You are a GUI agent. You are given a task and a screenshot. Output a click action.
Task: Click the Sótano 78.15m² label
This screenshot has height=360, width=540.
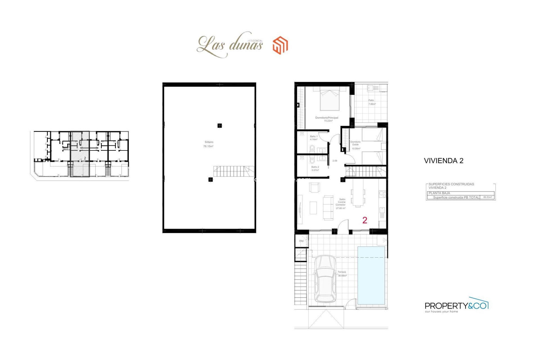(x=208, y=144)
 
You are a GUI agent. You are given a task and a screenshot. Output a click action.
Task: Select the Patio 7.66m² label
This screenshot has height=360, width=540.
(x=372, y=102)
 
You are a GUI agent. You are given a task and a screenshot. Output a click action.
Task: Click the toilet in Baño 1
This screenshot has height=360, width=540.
(x=312, y=148)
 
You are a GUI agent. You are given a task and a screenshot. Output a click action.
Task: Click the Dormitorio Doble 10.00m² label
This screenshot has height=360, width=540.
(x=355, y=145)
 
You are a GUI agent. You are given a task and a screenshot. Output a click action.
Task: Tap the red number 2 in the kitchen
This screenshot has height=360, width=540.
(x=364, y=220)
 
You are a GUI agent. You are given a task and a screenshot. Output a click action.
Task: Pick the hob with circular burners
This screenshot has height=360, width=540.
(x=382, y=193)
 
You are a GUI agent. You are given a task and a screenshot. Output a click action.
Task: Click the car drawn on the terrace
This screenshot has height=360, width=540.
(x=325, y=279)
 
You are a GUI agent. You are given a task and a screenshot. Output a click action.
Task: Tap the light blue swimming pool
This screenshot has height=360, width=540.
(x=371, y=275)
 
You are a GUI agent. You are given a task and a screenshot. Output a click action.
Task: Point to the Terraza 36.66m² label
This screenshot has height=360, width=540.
(x=342, y=274)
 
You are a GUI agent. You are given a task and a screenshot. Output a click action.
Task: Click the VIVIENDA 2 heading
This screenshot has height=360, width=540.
(x=443, y=161)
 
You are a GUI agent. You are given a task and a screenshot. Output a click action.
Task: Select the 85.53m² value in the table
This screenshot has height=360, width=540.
(x=487, y=197)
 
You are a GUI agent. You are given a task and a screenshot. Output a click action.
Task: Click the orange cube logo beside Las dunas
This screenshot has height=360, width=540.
(x=280, y=45)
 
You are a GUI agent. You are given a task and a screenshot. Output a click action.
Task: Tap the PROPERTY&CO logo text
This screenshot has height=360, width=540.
(x=456, y=306)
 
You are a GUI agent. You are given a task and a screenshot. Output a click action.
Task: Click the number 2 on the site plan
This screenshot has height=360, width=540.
(x=85, y=158)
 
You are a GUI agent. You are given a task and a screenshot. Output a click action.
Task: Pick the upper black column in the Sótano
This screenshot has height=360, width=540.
(x=220, y=126)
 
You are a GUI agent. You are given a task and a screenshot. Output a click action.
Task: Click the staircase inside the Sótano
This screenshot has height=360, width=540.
(x=233, y=171)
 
